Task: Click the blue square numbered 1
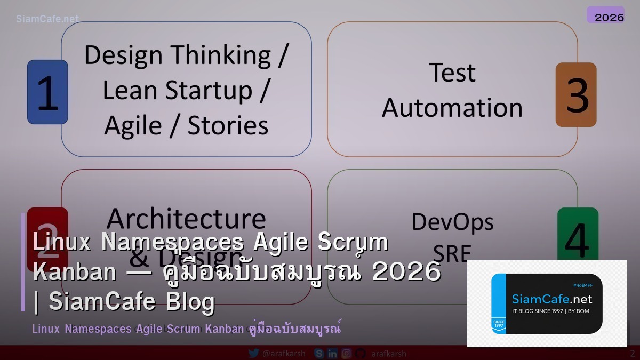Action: tap(47, 92)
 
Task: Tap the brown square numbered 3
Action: tap(575, 95)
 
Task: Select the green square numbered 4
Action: tap(578, 235)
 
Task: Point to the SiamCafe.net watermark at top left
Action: tap(47, 19)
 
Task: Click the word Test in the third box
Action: tap(452, 73)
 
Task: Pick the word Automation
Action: tap(452, 108)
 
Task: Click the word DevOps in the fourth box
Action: tap(452, 222)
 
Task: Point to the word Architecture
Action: tap(186, 219)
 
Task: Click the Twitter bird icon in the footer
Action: tap(254, 353)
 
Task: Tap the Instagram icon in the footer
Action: tap(347, 353)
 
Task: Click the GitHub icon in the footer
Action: tap(361, 353)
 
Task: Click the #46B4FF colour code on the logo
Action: tap(583, 285)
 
